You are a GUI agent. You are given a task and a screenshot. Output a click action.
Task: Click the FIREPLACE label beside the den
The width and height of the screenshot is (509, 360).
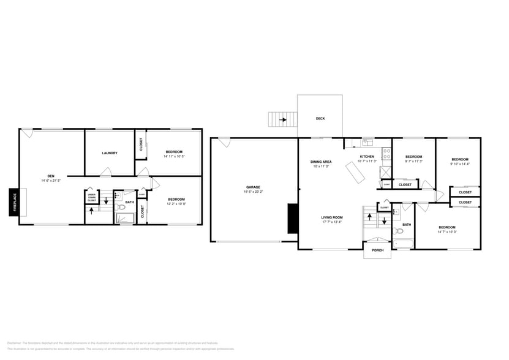14,202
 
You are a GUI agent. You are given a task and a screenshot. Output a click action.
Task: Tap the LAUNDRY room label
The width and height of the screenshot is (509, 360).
110,153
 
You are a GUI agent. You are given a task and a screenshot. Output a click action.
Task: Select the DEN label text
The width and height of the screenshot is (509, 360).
51,176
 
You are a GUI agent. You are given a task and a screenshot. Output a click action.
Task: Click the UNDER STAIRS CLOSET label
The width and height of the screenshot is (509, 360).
91,198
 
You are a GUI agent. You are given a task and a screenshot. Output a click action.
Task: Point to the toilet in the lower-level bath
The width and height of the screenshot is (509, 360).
121,208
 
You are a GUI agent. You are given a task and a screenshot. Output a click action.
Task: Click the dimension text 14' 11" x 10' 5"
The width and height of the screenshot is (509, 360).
175,156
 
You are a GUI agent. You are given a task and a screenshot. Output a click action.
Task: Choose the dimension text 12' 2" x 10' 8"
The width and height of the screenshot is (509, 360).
176,203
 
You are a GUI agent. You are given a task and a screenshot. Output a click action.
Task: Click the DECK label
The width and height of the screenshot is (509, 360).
320,119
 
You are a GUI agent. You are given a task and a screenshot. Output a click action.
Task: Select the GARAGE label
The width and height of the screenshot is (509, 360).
254,187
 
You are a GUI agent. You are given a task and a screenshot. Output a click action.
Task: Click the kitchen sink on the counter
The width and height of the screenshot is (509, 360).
367,144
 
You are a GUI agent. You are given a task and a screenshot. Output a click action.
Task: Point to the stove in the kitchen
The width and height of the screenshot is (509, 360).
386,154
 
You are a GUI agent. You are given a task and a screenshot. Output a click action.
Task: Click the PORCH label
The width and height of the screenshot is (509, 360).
377,250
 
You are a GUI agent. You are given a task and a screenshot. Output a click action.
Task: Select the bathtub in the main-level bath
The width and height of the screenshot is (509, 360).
404,244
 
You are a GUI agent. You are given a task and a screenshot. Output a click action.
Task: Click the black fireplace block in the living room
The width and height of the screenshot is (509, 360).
292,219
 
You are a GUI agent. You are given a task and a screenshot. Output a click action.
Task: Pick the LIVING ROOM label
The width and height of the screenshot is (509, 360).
331,217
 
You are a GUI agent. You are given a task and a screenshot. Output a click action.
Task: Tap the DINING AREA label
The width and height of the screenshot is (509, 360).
321,162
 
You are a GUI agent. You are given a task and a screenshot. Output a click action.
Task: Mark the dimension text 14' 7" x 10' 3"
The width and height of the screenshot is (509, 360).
447,231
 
